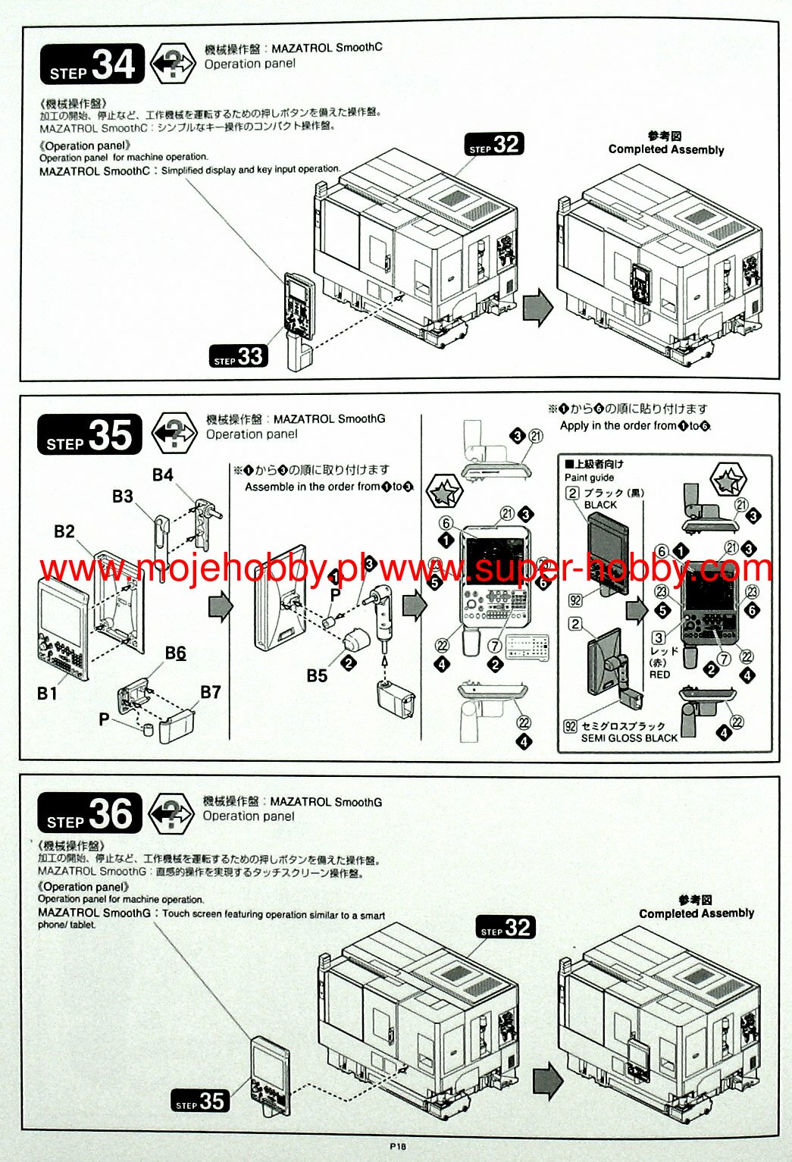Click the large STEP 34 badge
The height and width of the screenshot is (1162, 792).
tap(92, 64)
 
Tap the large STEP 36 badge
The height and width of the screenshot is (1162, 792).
tap(89, 813)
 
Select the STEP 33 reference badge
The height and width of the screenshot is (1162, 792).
tap(239, 356)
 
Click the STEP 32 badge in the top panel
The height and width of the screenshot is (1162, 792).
tap(494, 145)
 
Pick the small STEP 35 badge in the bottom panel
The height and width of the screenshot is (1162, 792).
tap(200, 1101)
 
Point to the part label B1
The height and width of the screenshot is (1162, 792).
tap(47, 693)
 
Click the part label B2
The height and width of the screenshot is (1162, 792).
tap(64, 531)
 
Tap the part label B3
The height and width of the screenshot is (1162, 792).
tap(122, 496)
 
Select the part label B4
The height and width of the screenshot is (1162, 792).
tap(162, 475)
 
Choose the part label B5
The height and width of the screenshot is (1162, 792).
tap(317, 675)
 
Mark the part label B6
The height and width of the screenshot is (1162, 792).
tap(175, 653)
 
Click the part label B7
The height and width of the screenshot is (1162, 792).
tap(210, 692)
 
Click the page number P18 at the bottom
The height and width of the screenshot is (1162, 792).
tap(398, 1147)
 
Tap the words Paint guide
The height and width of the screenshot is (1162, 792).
tap(589, 478)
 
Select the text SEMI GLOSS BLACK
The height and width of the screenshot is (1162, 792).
tap(629, 738)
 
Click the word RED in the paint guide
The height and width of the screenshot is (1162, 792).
tap(659, 675)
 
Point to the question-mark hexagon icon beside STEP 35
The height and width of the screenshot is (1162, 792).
tap(174, 434)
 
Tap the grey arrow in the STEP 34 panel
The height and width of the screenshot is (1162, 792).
tap(537, 308)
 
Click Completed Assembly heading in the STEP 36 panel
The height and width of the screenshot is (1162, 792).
tap(696, 913)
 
